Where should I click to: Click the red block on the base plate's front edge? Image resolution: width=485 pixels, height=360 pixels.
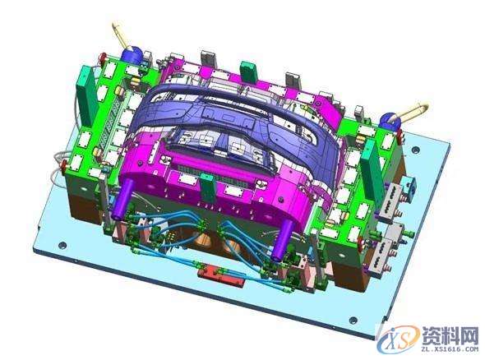pos(220,275)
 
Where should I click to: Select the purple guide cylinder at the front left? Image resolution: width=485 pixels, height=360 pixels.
pos(124,199)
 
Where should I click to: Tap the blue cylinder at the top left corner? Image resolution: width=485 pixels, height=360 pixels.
pos(132,55)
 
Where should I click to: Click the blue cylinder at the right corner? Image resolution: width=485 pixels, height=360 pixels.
pos(390,122)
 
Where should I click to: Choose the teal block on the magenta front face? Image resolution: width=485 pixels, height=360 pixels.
pos(208,188)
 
